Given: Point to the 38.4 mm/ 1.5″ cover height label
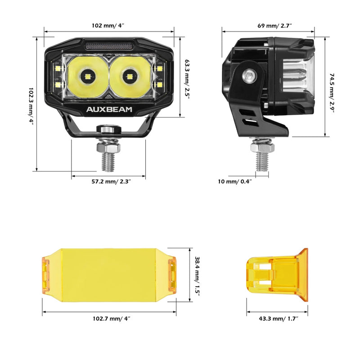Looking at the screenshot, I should tap(197, 274).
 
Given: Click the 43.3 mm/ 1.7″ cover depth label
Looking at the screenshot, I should tap(278, 319).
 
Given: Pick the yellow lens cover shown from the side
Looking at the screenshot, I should tap(277, 275).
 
